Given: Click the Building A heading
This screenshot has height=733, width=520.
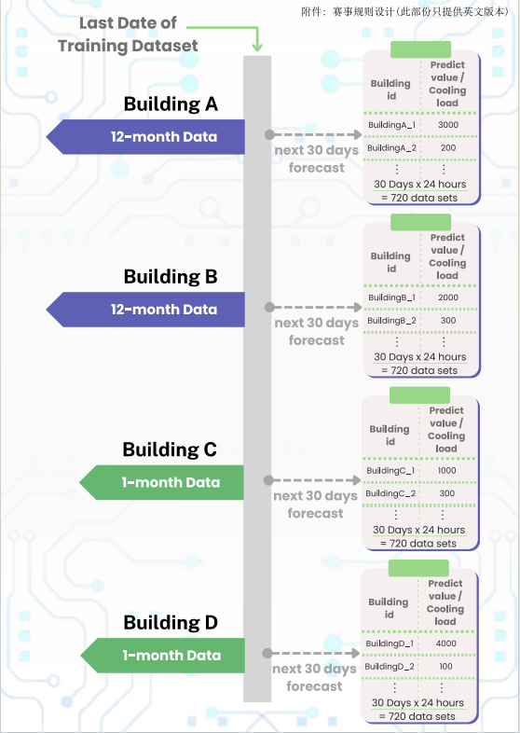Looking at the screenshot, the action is [x=171, y=104].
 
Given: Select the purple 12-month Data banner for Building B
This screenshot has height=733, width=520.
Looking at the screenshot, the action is [x=145, y=310].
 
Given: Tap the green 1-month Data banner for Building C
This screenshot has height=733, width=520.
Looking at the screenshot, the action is [x=161, y=482].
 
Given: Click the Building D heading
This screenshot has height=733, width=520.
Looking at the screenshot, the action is [x=171, y=623].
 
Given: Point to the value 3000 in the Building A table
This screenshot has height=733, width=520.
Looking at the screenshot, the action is [x=448, y=125].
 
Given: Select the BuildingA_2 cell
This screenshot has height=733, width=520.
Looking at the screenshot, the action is [x=391, y=147].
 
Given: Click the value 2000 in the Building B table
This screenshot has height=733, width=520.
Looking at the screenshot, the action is [x=448, y=297].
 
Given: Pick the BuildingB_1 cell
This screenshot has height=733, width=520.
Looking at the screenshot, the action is [x=391, y=297].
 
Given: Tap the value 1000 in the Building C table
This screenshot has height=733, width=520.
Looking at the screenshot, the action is [x=446, y=470].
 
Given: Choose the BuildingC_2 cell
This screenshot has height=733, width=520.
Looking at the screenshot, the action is [x=390, y=493].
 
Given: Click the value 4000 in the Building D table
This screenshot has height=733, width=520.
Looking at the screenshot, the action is [x=446, y=643].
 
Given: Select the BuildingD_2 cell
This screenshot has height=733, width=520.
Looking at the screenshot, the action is [x=390, y=666].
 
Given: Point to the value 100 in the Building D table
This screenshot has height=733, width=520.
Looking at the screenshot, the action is [x=446, y=666].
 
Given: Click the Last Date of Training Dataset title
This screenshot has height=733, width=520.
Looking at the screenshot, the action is [x=128, y=35].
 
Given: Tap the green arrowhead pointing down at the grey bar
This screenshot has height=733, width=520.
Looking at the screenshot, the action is [x=257, y=47].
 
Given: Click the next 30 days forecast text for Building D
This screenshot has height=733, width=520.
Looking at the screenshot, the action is [x=314, y=677].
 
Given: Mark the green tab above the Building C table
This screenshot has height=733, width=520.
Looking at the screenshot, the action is [x=419, y=395].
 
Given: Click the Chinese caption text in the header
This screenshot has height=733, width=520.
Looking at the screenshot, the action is [x=404, y=11].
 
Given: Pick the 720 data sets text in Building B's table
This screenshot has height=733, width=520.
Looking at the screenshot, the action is [x=420, y=370].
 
